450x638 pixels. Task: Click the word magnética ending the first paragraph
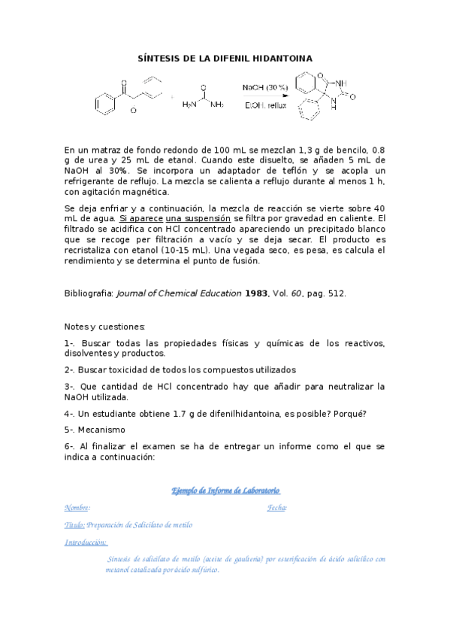point(145,192)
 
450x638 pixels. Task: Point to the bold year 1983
point(256,293)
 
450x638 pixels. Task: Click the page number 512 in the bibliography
point(336,293)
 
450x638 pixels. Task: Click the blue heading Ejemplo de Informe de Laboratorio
point(225,491)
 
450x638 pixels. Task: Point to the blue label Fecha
point(276,508)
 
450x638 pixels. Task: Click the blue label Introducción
point(86,542)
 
